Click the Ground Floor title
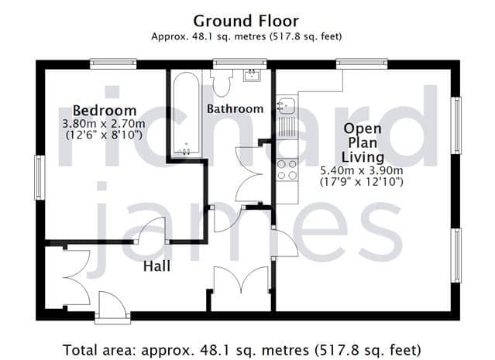246,22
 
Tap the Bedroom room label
105,111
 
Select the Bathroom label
235,109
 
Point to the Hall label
156,266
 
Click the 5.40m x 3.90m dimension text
362,170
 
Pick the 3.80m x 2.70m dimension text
104,123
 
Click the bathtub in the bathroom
187,114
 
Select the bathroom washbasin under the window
252,76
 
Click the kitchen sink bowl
286,105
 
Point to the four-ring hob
287,170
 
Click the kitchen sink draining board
287,127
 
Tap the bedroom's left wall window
40,177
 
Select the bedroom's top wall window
113,63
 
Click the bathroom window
239,63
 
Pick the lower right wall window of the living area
455,255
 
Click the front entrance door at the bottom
112,304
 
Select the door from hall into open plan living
285,242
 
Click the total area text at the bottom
242,350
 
